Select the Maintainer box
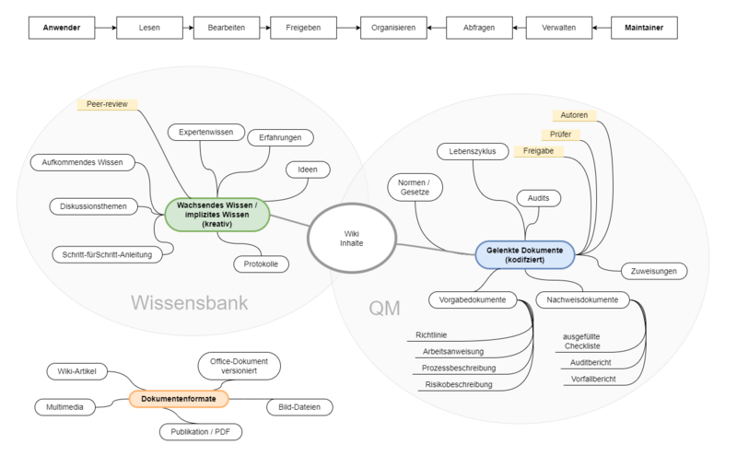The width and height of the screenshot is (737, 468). click(x=644, y=28)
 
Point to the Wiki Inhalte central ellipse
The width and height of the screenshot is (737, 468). click(x=352, y=239)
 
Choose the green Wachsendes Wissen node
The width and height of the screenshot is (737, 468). click(x=217, y=215)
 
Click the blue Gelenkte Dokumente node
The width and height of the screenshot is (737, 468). click(x=525, y=254)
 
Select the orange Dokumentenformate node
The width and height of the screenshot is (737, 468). click(x=179, y=399)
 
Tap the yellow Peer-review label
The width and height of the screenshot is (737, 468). click(x=108, y=105)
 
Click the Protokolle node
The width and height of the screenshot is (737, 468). click(x=261, y=263)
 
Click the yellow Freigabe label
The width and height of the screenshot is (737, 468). click(x=538, y=150)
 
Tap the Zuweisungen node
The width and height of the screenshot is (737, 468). click(x=655, y=271)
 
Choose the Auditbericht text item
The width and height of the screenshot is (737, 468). click(x=591, y=363)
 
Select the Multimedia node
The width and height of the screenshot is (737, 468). click(x=64, y=406)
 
